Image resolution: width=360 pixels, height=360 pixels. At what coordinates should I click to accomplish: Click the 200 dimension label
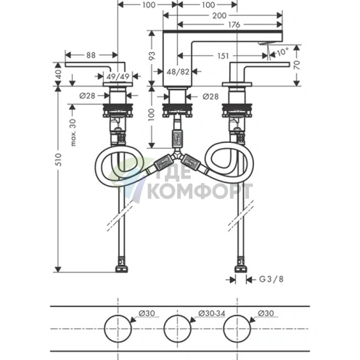[x=219, y=16]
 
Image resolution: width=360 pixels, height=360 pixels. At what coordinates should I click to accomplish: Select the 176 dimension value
[x=234, y=25]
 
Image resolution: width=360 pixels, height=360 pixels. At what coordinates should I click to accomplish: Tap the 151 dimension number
[x=223, y=56]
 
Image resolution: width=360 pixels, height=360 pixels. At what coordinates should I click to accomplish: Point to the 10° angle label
[x=282, y=52]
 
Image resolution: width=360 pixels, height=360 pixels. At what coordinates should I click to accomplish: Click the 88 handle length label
[x=91, y=55]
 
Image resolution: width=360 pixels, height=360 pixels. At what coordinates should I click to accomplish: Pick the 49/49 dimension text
[x=118, y=76]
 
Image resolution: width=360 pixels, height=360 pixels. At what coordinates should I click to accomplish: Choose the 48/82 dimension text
[x=178, y=72]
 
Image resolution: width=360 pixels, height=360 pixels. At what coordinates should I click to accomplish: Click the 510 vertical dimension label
[x=59, y=159]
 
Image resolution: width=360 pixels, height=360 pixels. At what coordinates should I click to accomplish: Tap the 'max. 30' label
[x=73, y=133]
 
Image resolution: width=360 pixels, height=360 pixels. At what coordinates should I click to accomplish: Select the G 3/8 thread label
[x=271, y=279]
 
